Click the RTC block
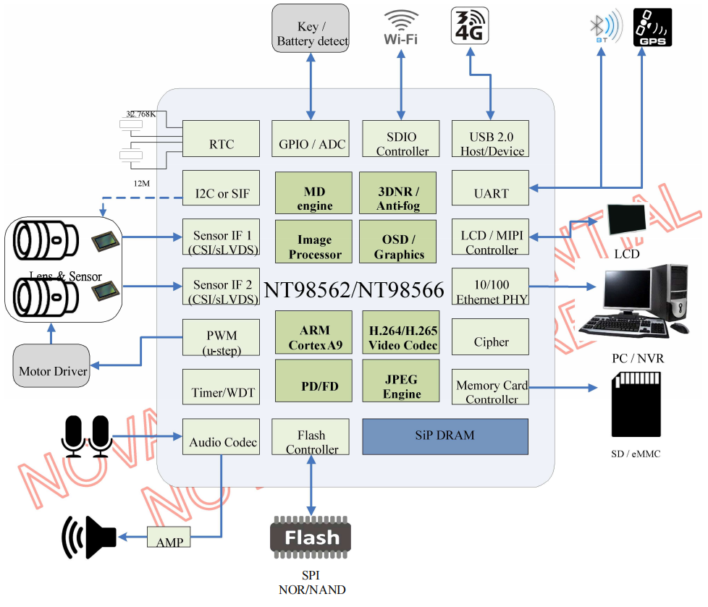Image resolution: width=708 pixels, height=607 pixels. (x=221, y=138)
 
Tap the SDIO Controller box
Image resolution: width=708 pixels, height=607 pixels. (x=402, y=138)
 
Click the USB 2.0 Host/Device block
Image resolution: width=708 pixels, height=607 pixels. (x=490, y=138)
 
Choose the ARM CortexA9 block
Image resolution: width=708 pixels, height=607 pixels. (x=313, y=334)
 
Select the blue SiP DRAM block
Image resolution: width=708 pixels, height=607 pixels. (x=444, y=436)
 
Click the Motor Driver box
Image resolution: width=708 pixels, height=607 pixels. (x=52, y=365)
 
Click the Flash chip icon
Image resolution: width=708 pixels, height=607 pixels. (x=311, y=538)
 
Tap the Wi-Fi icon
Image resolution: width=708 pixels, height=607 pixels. (x=400, y=27)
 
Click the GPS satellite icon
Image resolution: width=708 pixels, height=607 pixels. (x=652, y=27)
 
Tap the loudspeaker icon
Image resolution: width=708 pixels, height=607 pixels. (x=89, y=537)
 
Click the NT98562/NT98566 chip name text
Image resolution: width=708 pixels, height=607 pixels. (x=353, y=290)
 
